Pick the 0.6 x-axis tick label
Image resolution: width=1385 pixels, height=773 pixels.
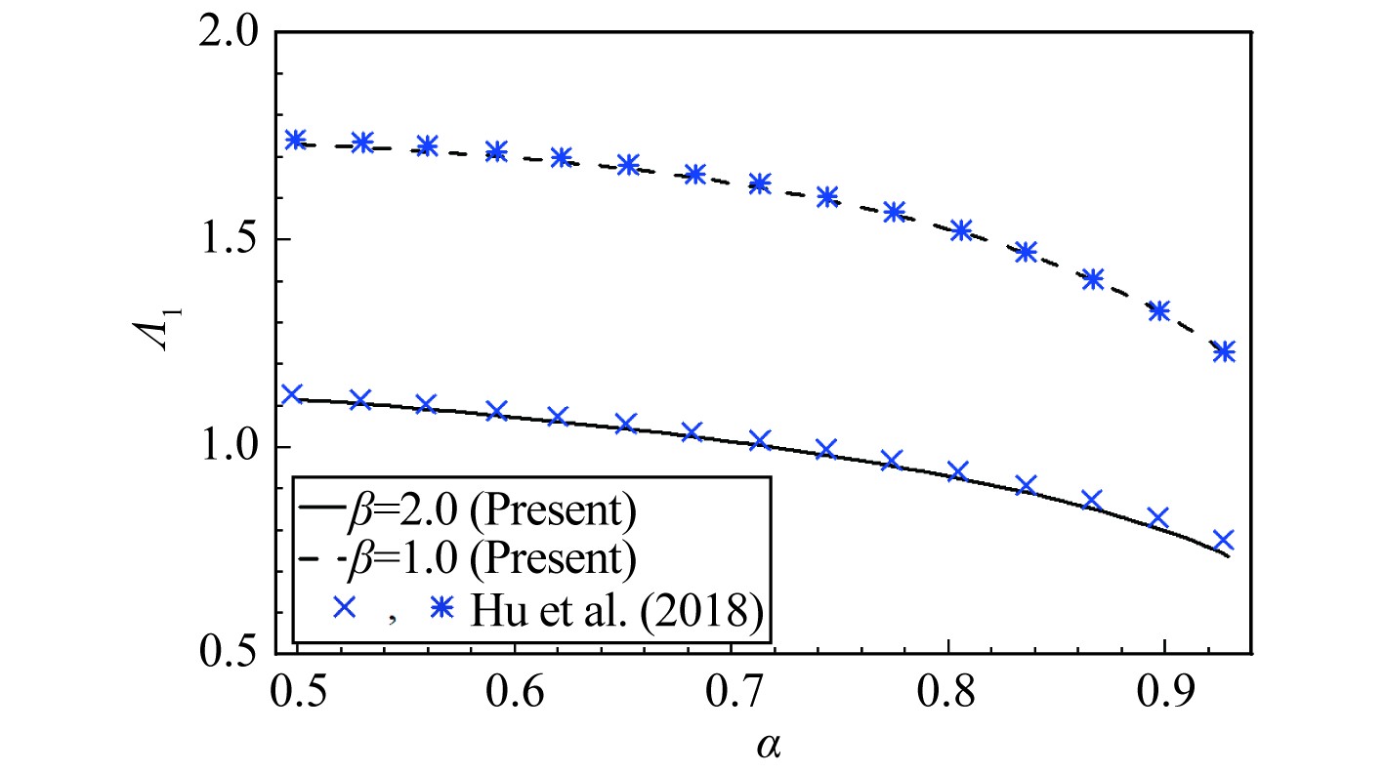click(516, 695)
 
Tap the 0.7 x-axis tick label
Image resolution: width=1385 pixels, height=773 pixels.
click(733, 695)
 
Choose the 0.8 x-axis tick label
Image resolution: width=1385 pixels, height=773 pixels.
click(949, 695)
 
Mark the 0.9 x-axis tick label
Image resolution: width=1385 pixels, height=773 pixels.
click(1165, 695)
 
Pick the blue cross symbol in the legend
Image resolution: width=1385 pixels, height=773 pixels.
click(343, 609)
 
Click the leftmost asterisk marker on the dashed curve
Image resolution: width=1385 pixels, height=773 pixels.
click(295, 140)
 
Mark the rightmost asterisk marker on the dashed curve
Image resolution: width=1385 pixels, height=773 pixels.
click(1223, 351)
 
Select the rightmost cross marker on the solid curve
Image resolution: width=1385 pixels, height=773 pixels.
click(1224, 541)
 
